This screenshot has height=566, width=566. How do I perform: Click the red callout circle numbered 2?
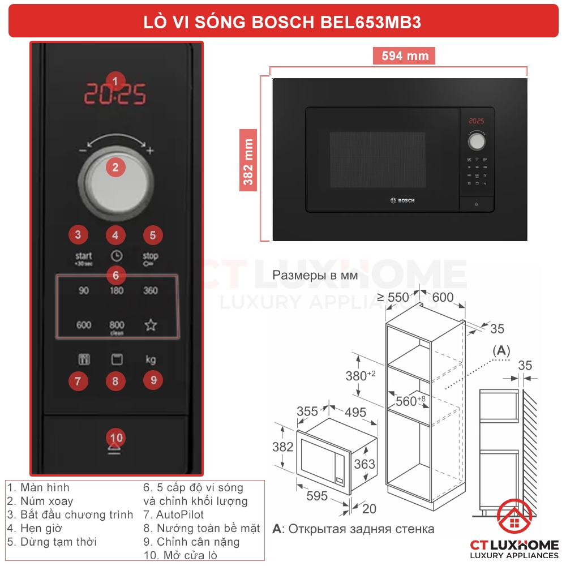click(x=115, y=167)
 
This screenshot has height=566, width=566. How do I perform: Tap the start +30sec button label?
click(x=84, y=258)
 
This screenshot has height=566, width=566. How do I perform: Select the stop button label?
click(x=151, y=258)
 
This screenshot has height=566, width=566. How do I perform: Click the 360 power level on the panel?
click(x=151, y=291)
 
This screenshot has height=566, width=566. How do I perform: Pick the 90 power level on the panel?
click(x=84, y=291)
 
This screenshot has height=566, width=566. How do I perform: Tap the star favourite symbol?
click(x=151, y=325)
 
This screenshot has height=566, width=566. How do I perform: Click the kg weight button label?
click(x=151, y=359)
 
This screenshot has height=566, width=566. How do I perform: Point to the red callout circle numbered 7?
click(x=78, y=381)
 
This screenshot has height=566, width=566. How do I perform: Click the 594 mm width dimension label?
click(x=404, y=56)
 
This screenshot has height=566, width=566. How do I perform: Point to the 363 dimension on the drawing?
click(x=365, y=464)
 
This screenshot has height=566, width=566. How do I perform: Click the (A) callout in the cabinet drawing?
click(x=501, y=351)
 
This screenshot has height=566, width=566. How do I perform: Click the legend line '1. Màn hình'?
click(x=38, y=487)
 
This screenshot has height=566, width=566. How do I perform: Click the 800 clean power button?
click(x=117, y=327)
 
